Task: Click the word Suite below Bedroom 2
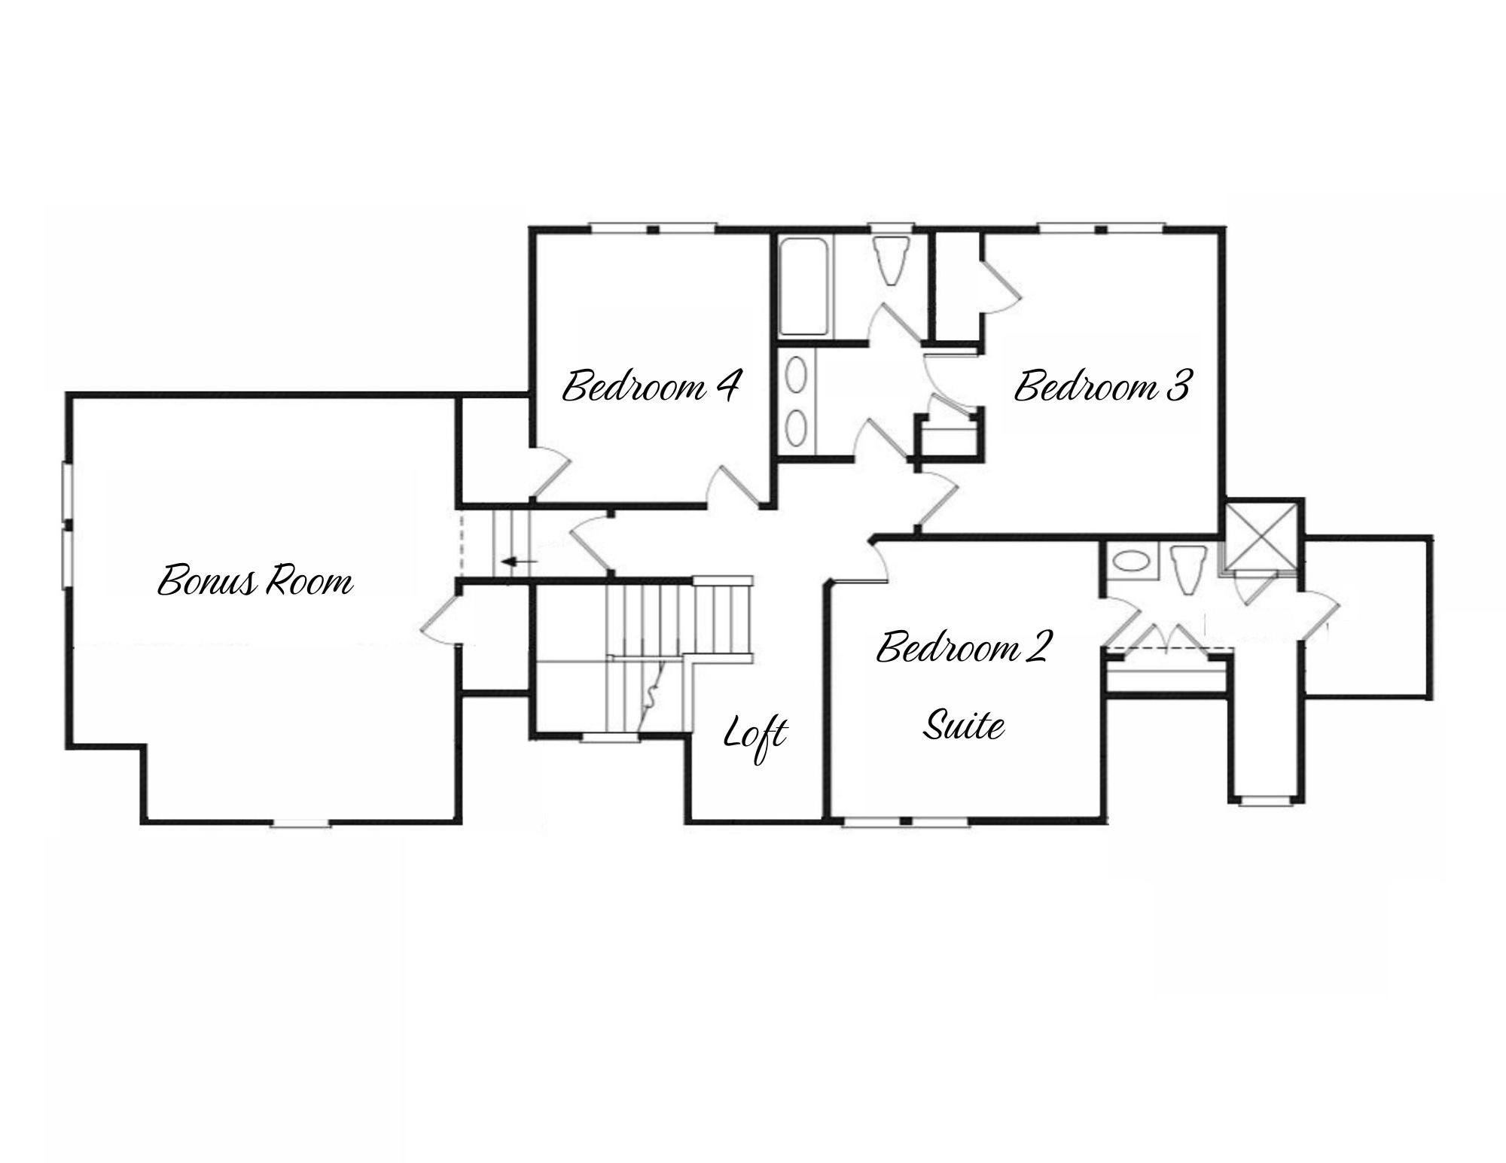point(964,726)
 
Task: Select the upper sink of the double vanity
point(796,373)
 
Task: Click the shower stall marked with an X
point(1260,536)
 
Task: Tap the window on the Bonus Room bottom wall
point(300,824)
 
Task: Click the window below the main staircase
point(611,738)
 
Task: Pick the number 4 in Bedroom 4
point(725,385)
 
